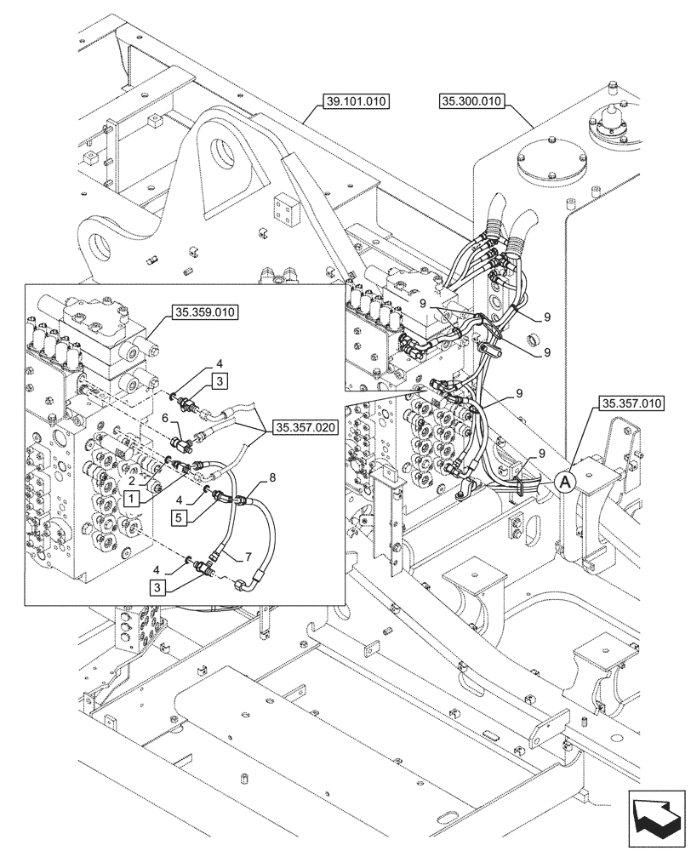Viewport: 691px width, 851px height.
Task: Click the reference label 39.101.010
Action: [357, 101]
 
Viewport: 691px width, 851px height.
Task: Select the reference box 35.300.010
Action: [472, 101]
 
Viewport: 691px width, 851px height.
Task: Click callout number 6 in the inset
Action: [165, 418]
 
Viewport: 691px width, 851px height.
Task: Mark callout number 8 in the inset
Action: [271, 478]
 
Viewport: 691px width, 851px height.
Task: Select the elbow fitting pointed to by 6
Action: [180, 443]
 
